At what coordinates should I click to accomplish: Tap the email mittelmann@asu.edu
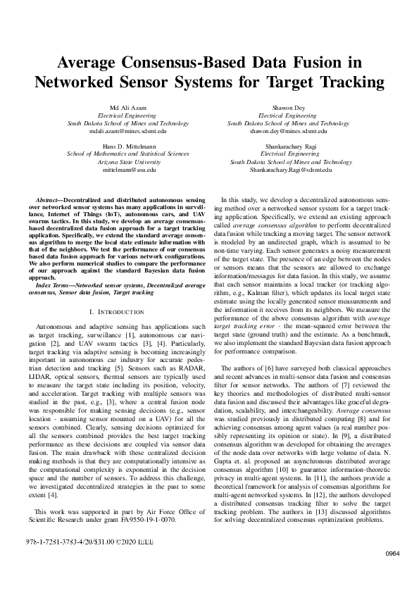[128, 169]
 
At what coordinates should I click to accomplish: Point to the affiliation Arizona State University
[128, 161]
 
